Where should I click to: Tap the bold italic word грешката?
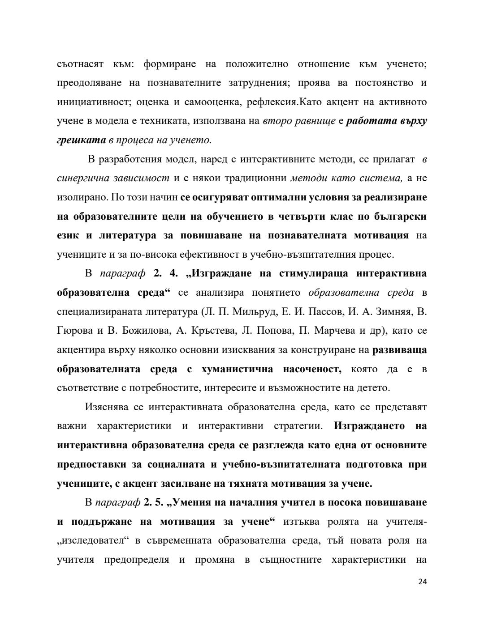point(81,140)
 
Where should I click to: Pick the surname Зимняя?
point(393,312)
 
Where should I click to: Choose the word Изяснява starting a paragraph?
point(107,407)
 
